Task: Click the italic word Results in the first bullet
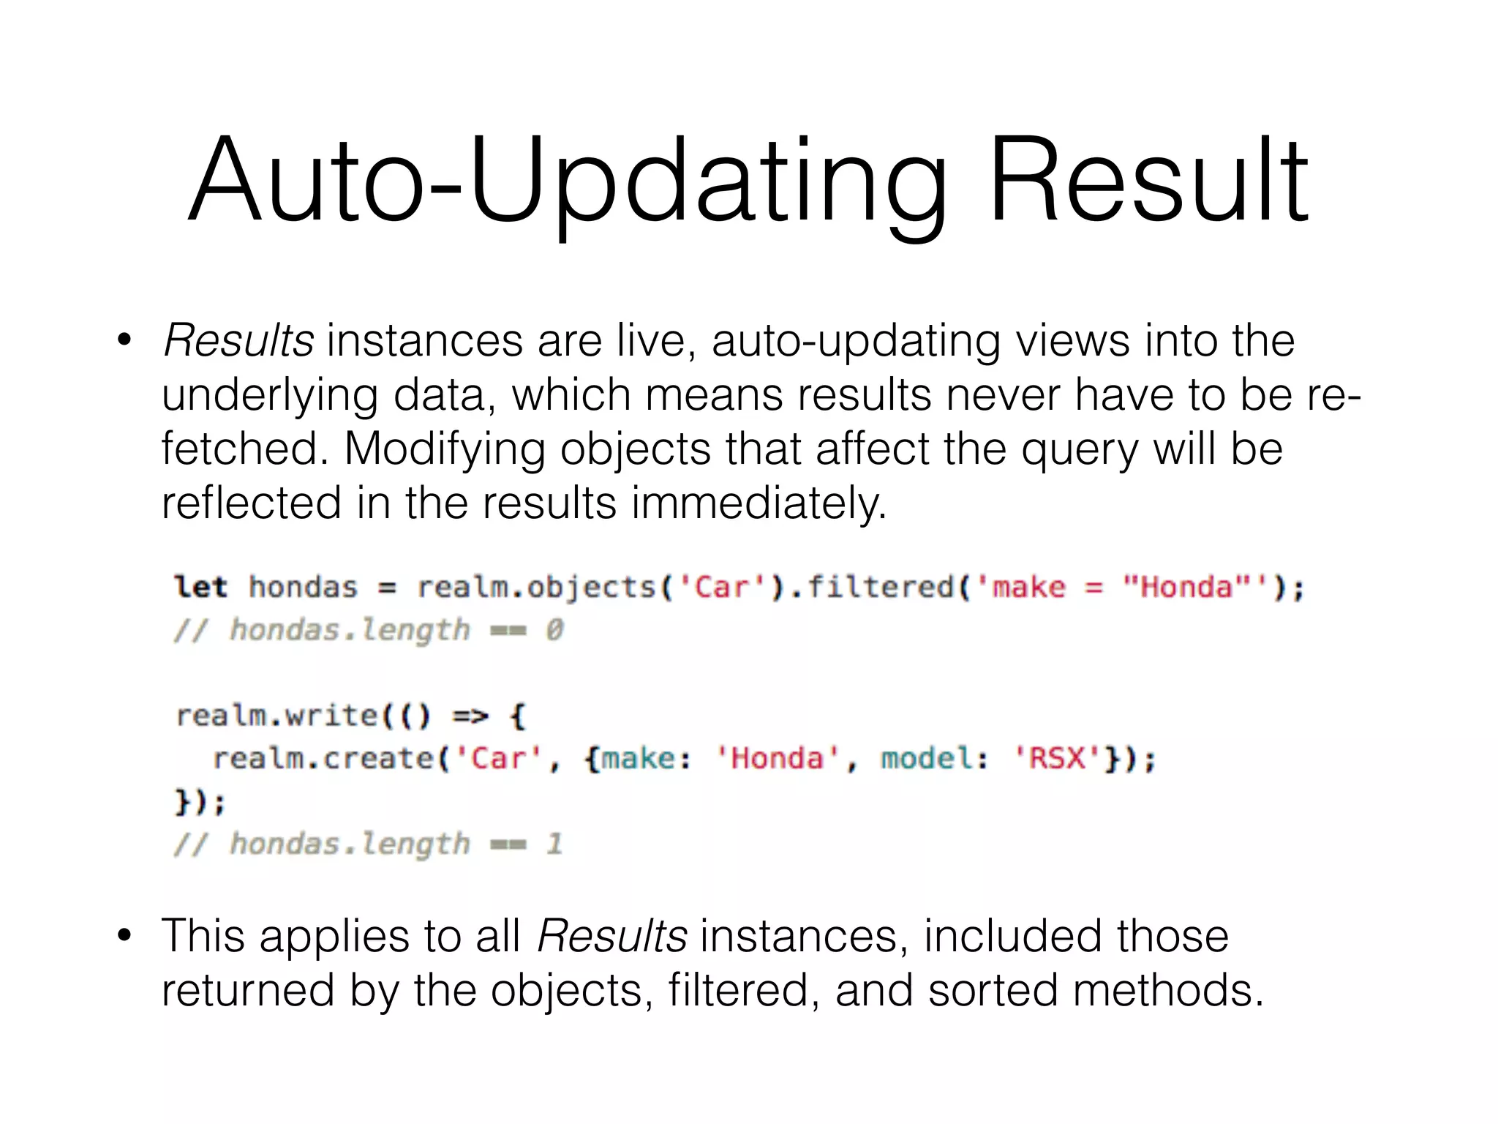point(238,341)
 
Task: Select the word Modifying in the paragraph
point(445,449)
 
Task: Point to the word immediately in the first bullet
point(759,503)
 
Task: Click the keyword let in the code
point(200,588)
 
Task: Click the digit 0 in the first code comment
point(554,630)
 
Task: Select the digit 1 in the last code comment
point(554,844)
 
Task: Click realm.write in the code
point(276,716)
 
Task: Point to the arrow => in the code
point(470,716)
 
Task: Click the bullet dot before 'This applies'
point(124,935)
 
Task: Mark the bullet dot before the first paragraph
point(124,340)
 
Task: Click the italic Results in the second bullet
point(612,937)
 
